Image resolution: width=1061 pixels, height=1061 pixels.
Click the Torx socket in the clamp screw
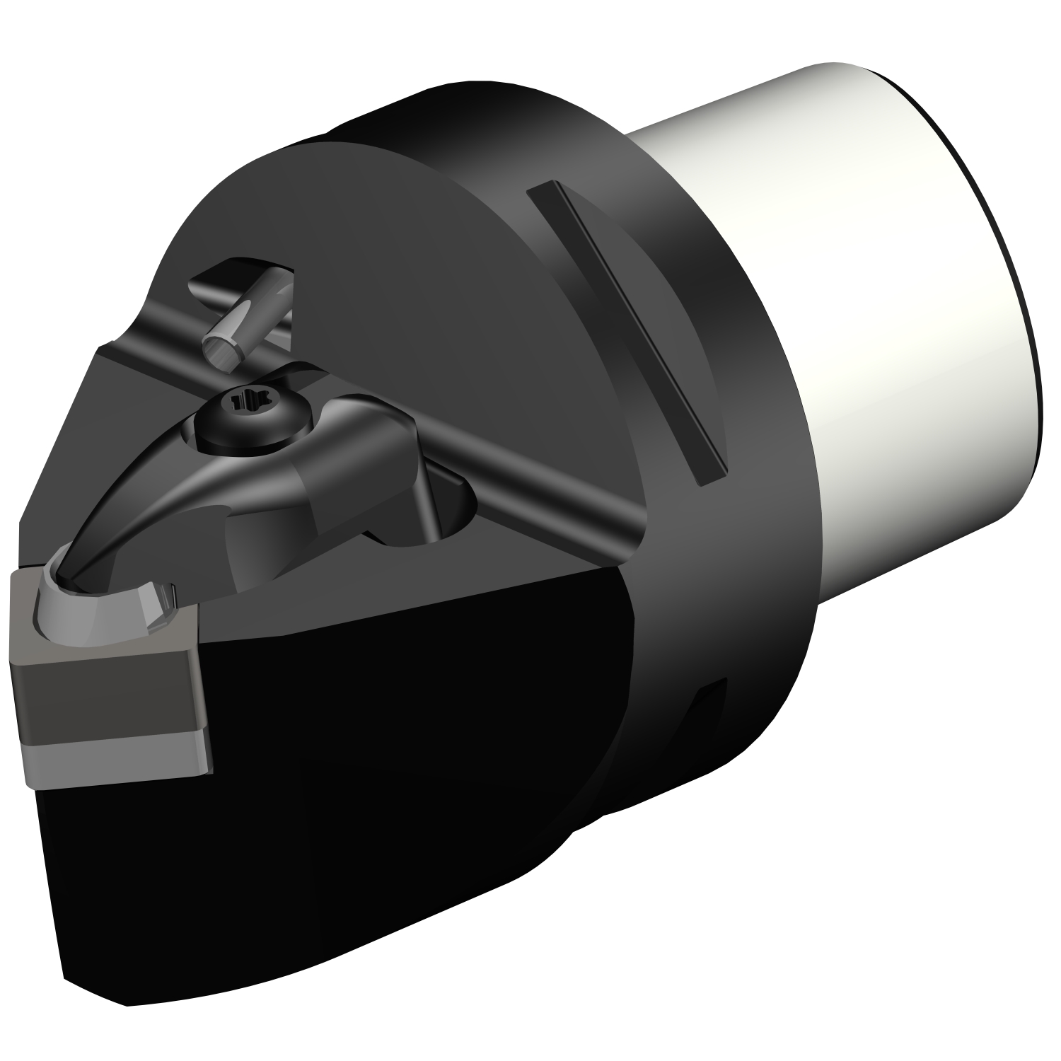tap(243, 402)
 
